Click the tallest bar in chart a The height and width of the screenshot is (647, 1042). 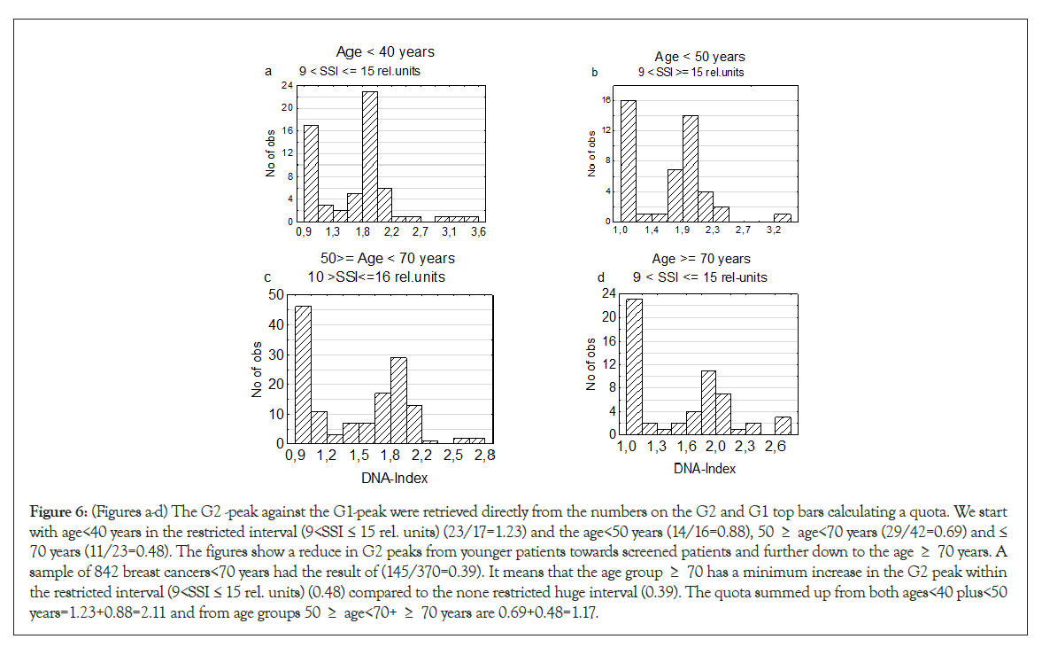pos(369,156)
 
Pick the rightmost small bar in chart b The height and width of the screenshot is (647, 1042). pos(782,217)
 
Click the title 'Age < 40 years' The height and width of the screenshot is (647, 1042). pos(385,52)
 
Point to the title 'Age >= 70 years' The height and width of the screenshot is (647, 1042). pos(701,259)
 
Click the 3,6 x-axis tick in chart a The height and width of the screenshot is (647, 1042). pos(479,232)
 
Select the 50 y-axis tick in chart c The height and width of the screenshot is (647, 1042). pos(276,294)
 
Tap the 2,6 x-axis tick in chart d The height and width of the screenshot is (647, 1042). pos(776,447)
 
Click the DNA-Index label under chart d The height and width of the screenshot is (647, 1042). pos(706,468)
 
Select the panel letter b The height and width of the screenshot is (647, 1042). pos(595,72)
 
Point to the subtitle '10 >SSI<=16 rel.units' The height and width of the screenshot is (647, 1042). pos(376,277)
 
